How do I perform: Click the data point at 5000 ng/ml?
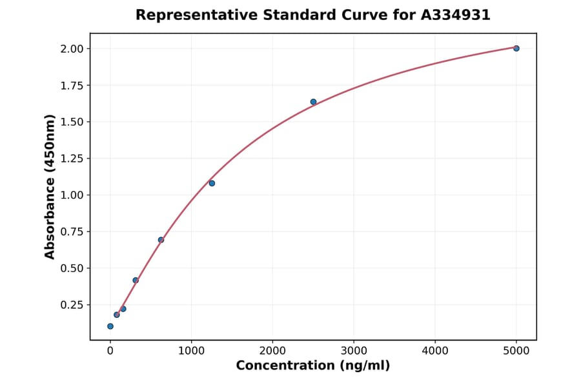(x=516, y=48)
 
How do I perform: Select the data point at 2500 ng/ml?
(x=313, y=102)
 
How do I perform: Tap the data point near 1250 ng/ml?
(x=212, y=183)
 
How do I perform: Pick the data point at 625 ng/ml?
(x=161, y=240)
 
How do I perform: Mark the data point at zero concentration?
(x=110, y=326)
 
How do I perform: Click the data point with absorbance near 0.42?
(x=136, y=280)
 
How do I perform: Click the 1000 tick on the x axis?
(x=191, y=351)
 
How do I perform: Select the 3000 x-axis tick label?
(x=354, y=351)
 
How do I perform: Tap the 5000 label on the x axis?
(x=516, y=351)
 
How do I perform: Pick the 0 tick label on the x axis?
(x=110, y=351)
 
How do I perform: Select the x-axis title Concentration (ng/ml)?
(x=312, y=366)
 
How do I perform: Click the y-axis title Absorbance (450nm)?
(x=50, y=187)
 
